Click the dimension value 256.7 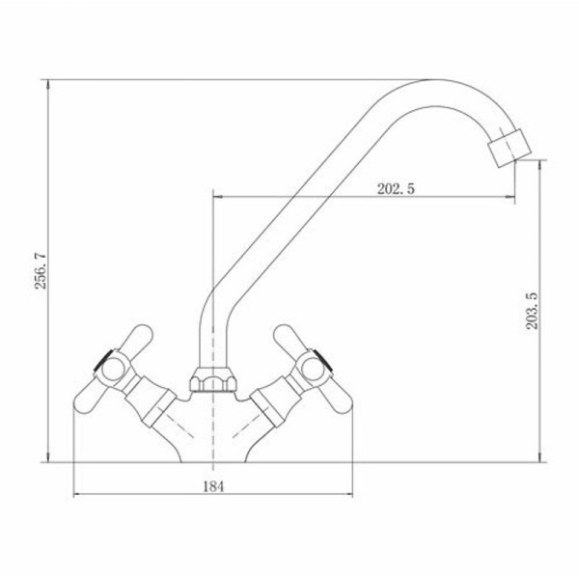(x=41, y=270)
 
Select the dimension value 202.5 (x=396, y=189)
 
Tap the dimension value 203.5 (x=532, y=311)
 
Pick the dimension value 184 (x=213, y=486)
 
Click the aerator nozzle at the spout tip (x=510, y=148)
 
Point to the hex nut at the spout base (x=213, y=379)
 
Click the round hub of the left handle (x=112, y=370)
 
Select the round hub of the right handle (x=313, y=370)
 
